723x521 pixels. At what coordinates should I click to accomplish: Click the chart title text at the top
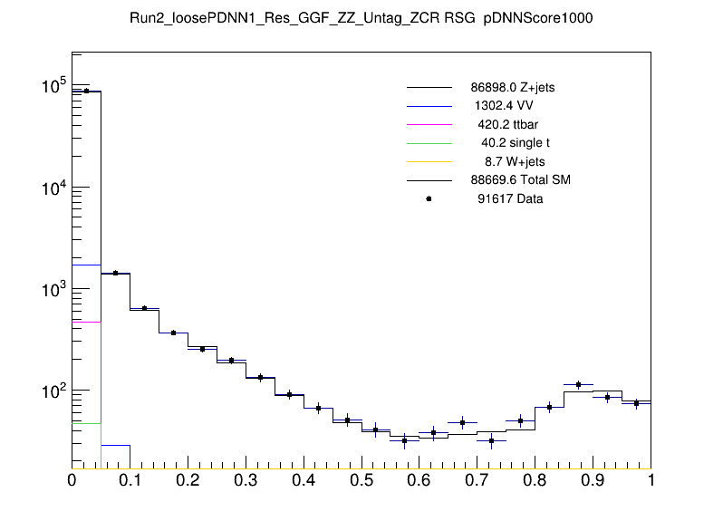click(x=361, y=18)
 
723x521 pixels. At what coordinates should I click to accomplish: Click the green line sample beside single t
click(x=429, y=143)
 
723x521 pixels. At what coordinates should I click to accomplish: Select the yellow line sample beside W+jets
click(x=429, y=161)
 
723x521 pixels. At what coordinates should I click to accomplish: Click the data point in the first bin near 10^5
click(x=86, y=91)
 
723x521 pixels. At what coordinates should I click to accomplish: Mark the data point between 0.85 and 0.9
click(x=578, y=384)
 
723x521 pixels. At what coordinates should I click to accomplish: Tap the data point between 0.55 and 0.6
click(x=405, y=440)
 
